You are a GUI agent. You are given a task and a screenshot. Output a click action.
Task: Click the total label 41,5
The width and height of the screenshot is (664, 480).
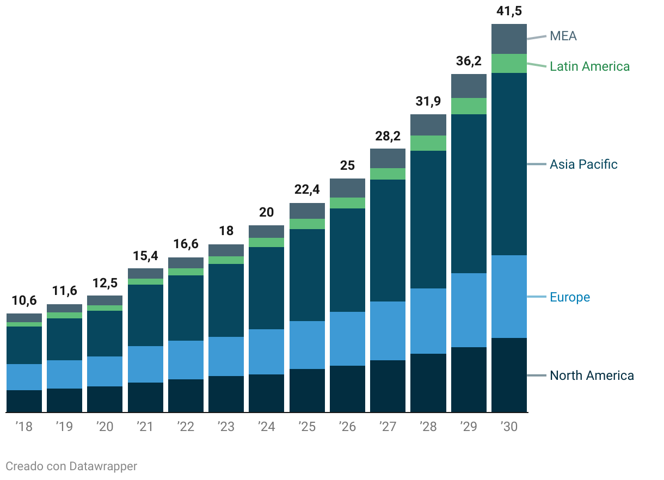tap(509, 11)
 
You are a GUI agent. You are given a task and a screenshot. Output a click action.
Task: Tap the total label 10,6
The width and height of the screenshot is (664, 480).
tap(24, 300)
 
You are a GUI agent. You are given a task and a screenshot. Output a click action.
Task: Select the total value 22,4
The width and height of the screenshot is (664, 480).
tap(307, 190)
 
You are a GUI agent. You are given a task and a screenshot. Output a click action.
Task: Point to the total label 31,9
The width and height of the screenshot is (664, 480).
tap(428, 101)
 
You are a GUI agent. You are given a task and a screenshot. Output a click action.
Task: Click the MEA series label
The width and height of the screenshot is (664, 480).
tap(563, 36)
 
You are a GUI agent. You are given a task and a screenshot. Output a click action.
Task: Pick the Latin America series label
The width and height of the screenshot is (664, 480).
tap(589, 66)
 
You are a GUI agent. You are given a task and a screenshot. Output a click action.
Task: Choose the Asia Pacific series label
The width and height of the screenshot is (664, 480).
tap(583, 164)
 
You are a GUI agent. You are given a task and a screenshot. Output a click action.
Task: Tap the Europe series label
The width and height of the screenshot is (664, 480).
tap(570, 297)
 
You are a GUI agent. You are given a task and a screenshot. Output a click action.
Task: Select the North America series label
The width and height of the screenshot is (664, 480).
tap(592, 376)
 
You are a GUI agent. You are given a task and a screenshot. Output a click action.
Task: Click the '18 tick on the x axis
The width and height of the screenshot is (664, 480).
tap(24, 427)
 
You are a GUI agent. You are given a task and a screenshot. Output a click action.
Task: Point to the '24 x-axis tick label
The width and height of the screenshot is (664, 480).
tap(266, 427)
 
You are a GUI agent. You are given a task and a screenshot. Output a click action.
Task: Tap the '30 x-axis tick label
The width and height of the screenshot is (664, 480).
tap(509, 427)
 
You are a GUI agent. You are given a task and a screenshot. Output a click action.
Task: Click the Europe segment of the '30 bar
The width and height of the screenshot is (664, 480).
tap(509, 297)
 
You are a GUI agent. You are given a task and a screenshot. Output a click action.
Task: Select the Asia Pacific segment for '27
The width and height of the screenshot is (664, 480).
tap(388, 241)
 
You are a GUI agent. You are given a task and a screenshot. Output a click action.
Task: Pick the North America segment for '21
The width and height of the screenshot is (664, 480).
tap(145, 397)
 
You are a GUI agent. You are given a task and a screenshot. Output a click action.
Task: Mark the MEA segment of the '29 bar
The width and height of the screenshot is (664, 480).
tap(469, 86)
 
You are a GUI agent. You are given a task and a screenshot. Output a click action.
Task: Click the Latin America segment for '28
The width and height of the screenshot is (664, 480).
tap(428, 143)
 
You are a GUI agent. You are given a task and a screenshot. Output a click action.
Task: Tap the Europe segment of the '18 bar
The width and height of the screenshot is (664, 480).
tap(24, 377)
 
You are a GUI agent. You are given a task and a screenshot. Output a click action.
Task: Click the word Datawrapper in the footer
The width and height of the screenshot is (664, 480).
tap(103, 466)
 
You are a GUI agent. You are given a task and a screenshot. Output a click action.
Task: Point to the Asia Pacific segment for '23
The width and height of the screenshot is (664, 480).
tap(226, 300)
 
